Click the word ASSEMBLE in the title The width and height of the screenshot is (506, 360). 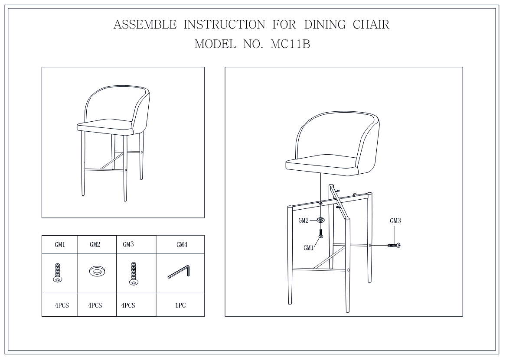[x=145, y=25]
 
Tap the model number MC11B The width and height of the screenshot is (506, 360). [x=290, y=44]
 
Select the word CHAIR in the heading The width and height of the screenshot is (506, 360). [x=371, y=25]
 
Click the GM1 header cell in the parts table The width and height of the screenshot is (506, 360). [x=60, y=245]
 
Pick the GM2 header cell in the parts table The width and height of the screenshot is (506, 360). [x=95, y=245]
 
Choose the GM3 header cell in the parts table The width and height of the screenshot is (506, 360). [x=128, y=244]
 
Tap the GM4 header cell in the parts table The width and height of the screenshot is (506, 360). [x=182, y=245]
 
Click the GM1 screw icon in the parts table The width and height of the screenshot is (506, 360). [x=57, y=273]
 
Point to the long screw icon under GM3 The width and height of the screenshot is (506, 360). [x=133, y=274]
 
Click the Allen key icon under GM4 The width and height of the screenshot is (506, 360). [x=179, y=271]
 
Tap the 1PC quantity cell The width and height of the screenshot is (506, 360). [x=180, y=305]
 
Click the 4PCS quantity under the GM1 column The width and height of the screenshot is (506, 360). [x=62, y=305]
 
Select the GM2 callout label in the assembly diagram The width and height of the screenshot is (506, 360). [x=304, y=221]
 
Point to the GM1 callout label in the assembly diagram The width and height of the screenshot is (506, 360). [x=309, y=248]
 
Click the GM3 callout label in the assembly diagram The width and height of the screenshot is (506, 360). [x=395, y=221]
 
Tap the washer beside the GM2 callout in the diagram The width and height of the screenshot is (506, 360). [x=320, y=220]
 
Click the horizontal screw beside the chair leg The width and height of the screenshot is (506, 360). [x=394, y=246]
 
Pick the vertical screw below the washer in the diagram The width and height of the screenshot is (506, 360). [x=320, y=234]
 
